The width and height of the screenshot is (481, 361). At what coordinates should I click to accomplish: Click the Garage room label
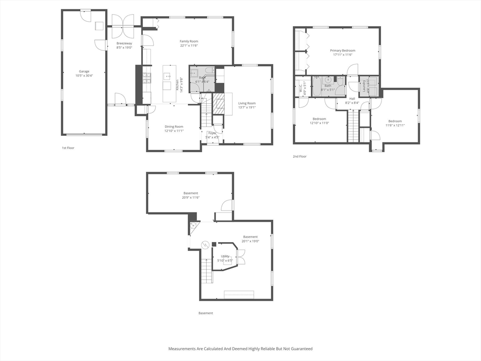pos(84,71)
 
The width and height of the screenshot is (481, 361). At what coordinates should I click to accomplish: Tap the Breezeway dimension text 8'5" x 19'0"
pos(124,47)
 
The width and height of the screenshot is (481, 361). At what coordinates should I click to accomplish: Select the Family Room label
pos(189,41)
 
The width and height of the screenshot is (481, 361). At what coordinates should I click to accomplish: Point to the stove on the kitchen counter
pos(147,78)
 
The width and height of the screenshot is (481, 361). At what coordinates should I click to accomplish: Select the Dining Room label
pos(174,126)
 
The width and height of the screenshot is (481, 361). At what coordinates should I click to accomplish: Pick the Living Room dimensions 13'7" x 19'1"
pos(247,107)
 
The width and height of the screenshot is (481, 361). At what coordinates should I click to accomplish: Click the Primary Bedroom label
pos(342,51)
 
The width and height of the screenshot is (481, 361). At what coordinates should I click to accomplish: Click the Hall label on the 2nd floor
pos(352,98)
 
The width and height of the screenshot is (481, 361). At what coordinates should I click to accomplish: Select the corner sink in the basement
pos(193,226)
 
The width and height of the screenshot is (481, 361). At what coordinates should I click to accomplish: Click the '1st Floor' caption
pos(68,148)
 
